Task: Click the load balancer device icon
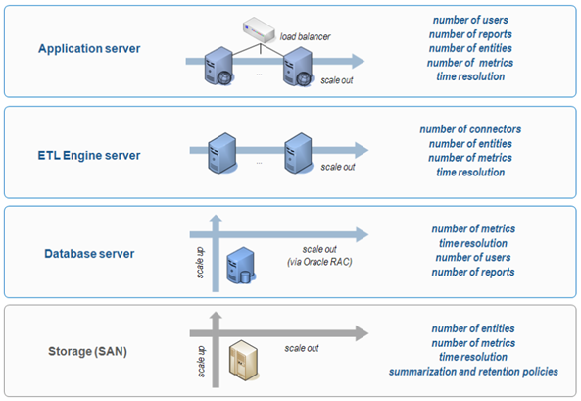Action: click(x=259, y=29)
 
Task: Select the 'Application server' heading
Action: click(x=89, y=49)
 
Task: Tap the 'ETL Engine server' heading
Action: click(x=89, y=155)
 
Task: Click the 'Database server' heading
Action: click(x=89, y=254)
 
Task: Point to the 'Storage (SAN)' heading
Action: click(x=88, y=351)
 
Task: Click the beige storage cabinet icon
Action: click(x=243, y=360)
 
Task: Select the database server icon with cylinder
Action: click(x=241, y=266)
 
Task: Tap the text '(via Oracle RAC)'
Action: click(x=319, y=262)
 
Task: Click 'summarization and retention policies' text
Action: click(x=473, y=372)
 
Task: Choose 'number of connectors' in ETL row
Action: click(x=470, y=129)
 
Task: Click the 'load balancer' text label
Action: click(x=305, y=36)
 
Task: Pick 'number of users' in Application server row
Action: click(x=470, y=20)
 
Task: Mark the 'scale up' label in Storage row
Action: click(x=201, y=362)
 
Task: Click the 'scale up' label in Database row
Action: click(x=199, y=263)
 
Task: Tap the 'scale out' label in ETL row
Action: click(x=338, y=167)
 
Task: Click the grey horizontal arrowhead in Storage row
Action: click(x=362, y=333)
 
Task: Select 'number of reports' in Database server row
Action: click(x=473, y=272)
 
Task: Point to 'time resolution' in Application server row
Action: click(x=470, y=76)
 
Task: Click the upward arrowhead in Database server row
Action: click(x=216, y=219)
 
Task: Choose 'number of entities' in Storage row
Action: click(x=473, y=328)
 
